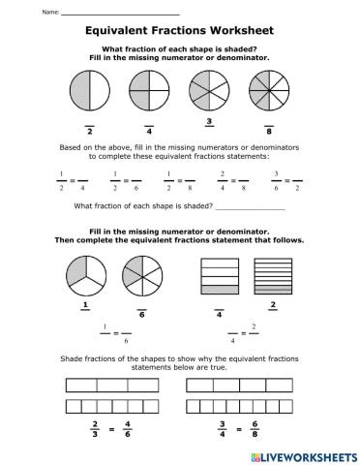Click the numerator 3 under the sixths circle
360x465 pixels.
point(209,121)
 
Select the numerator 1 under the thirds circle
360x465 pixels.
point(86,305)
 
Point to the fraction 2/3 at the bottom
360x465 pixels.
point(95,427)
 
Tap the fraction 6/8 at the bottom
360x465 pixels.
point(254,427)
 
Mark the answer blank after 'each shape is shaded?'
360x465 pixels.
point(251,207)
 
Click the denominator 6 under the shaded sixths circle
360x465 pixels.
point(142,314)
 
